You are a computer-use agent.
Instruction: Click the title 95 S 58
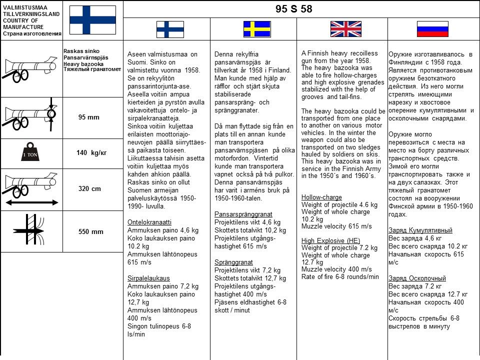pyautogui.click(x=293, y=9)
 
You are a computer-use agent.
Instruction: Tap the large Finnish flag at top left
pyautogui.click(x=92, y=20)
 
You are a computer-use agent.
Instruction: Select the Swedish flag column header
pyautogui.click(x=257, y=29)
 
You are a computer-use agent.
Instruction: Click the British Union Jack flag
pyautogui.click(x=345, y=29)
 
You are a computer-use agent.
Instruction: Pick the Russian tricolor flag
pyautogui.click(x=432, y=29)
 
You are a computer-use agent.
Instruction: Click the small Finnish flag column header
pyautogui.click(x=170, y=29)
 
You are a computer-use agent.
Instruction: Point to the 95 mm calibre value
pyautogui.click(x=89, y=117)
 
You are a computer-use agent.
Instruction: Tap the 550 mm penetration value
pyautogui.click(x=91, y=231)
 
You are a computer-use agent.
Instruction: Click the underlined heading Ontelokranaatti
pyautogui.click(x=149, y=222)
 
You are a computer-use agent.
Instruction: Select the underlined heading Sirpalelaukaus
pyautogui.click(x=148, y=278)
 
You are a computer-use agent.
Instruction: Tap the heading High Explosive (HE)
pyautogui.click(x=330, y=240)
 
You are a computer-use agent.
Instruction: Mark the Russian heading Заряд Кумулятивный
pyautogui.click(x=420, y=230)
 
